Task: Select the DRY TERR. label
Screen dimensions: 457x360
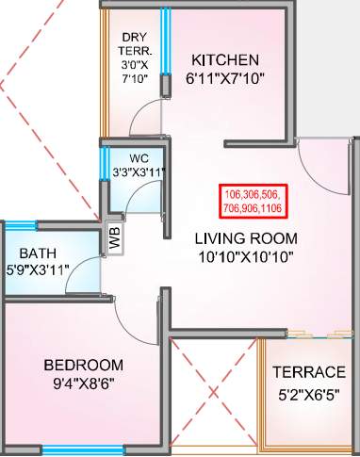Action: tap(133, 44)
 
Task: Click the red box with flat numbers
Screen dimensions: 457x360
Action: tap(253, 195)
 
